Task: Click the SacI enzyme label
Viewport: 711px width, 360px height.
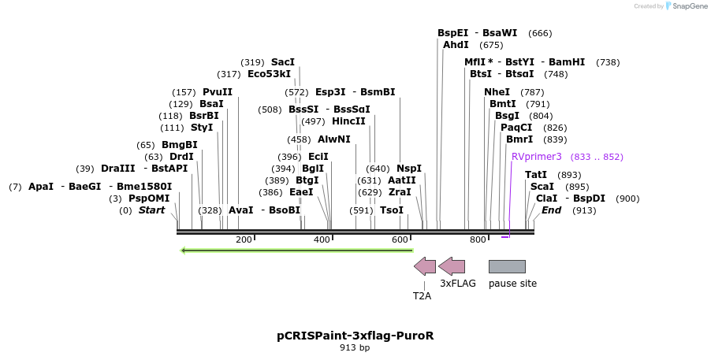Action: (283, 62)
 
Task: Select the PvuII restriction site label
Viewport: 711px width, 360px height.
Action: (218, 91)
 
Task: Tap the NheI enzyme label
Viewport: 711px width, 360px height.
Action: (497, 91)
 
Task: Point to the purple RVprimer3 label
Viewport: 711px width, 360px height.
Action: (537, 157)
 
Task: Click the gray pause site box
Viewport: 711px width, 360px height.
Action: (507, 266)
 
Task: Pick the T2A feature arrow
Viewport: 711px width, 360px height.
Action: (425, 266)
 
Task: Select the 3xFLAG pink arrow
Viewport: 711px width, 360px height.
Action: (452, 266)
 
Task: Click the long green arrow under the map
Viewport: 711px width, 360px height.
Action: (296, 251)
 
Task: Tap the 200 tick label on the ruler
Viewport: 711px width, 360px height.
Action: (244, 239)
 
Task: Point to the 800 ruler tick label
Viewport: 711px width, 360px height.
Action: (478, 239)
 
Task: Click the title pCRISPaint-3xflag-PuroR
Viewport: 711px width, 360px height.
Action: (355, 336)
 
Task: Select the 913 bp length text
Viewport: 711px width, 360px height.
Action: (355, 347)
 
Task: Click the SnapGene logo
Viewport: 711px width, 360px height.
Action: (683, 6)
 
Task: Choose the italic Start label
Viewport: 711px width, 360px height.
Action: (152, 210)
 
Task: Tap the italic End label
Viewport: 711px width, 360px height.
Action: (551, 210)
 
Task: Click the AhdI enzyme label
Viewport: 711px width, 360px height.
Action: (456, 45)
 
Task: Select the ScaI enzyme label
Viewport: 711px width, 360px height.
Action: (542, 186)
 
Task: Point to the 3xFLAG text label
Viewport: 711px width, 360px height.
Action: (458, 284)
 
